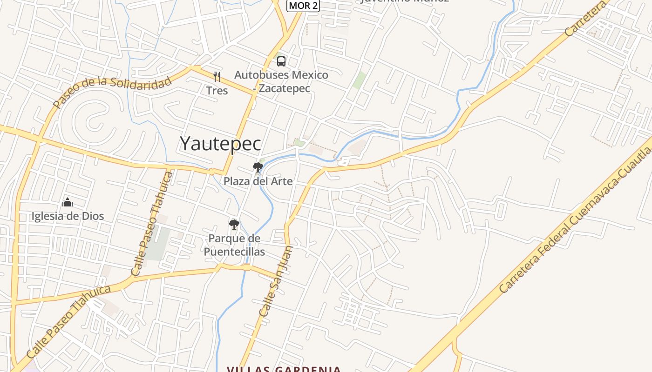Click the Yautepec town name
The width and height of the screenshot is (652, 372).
point(220,144)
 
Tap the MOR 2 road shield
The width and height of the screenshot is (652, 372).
point(303,5)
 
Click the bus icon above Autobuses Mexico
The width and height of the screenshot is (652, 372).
point(281,61)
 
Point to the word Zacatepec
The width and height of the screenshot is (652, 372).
point(284,88)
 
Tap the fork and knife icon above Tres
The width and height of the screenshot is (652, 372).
point(217,76)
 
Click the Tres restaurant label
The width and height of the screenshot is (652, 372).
point(217,90)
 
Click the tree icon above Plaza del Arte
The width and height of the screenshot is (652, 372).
point(258,167)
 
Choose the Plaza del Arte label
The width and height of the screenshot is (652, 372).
point(258,181)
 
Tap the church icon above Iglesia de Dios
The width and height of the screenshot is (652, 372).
point(68,202)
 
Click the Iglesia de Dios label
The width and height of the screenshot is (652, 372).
point(68,216)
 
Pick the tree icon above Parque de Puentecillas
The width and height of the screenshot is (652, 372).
point(234,225)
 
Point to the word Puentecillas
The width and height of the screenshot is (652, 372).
point(234,252)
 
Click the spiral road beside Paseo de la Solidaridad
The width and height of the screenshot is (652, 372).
point(93,119)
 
